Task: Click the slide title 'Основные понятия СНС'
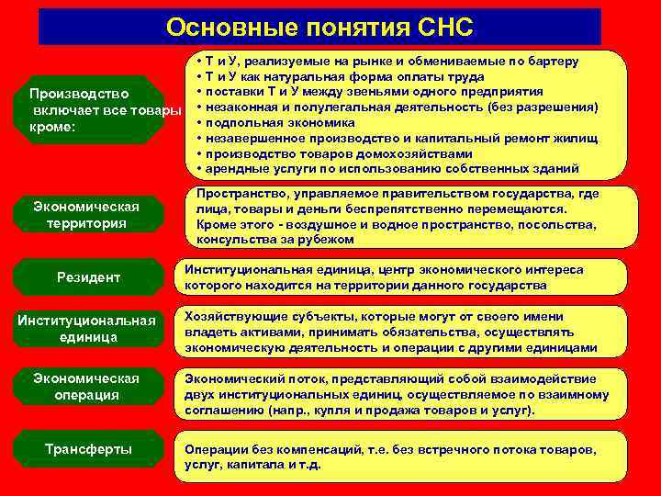tap(319, 28)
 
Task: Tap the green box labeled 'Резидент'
tap(88, 277)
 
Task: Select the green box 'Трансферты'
tap(88, 449)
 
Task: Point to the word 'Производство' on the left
tap(73, 94)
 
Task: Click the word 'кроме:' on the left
tap(50, 127)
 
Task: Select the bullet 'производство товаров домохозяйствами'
tap(340, 153)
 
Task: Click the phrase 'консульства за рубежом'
tap(274, 239)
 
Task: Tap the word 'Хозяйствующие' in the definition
tap(229, 314)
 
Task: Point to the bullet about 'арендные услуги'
tap(393, 169)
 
